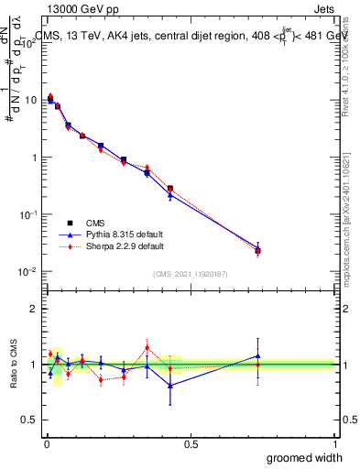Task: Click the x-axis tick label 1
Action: coord(334,444)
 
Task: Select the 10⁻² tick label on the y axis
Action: coord(28,272)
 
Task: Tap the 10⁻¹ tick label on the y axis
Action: coord(28,214)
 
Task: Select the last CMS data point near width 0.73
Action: coord(258,250)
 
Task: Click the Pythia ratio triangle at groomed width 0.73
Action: coord(258,356)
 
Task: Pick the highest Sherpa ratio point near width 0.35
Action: coord(147,347)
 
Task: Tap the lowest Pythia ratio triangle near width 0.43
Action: coord(170,385)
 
